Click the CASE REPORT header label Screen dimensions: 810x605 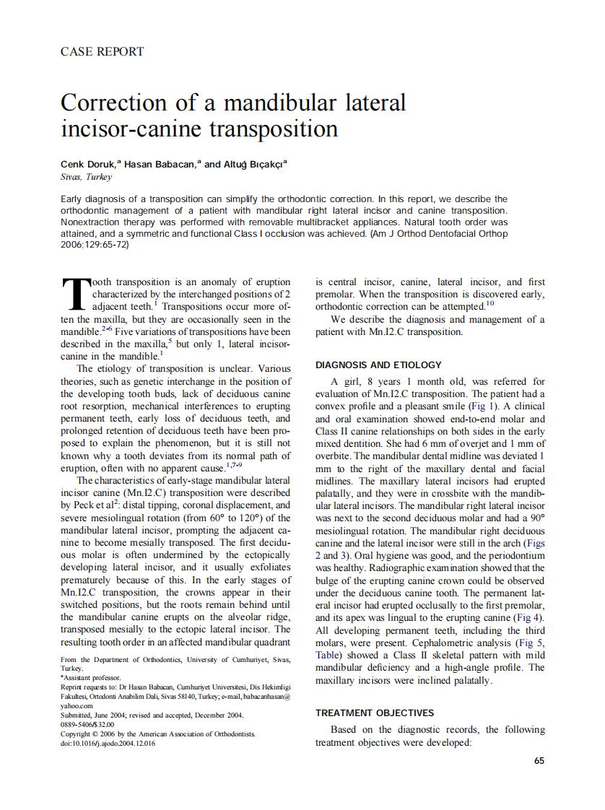click(102, 52)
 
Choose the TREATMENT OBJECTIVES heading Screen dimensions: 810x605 click(375, 713)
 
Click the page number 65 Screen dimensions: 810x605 click(539, 760)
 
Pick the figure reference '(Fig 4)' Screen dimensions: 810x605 click(529, 618)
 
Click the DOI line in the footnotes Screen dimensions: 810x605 click(108, 744)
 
